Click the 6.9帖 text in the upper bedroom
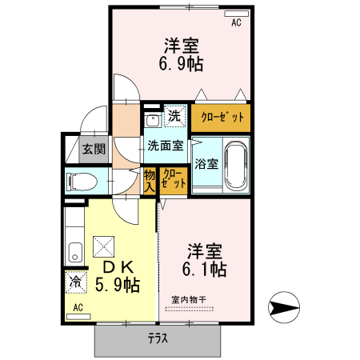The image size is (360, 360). pyautogui.click(x=182, y=65)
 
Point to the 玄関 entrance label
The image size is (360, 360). pyautogui.click(x=93, y=149)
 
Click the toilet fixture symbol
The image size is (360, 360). pyautogui.click(x=81, y=181)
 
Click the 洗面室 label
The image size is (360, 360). pyautogui.click(x=165, y=146)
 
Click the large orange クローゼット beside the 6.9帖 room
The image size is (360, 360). pyautogui.click(x=220, y=117)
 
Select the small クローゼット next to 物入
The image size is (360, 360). pyautogui.click(x=174, y=179)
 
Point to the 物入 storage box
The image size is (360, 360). pyautogui.click(x=150, y=179)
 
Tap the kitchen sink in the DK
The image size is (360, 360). pyautogui.click(x=74, y=251)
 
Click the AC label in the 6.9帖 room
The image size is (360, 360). pyautogui.click(x=237, y=23)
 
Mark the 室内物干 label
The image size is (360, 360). pyautogui.click(x=188, y=300)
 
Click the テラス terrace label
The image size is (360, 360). pyautogui.click(x=158, y=338)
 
